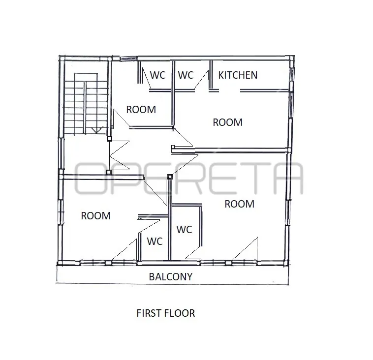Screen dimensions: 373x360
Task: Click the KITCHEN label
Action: click(238, 75)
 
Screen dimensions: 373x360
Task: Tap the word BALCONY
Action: click(171, 277)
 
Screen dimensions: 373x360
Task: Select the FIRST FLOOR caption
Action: click(165, 313)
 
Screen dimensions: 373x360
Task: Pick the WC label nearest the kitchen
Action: click(186, 75)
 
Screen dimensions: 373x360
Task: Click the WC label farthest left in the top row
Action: click(158, 75)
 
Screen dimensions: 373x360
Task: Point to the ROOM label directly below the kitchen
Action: click(228, 122)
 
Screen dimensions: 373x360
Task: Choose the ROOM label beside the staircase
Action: click(141, 110)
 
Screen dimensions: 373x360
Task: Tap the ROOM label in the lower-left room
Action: click(96, 216)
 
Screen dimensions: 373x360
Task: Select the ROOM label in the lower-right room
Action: click(240, 204)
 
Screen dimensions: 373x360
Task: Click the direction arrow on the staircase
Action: click(97, 130)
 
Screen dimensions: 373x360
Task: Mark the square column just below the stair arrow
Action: click(109, 139)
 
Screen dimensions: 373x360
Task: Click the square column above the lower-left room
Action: click(109, 172)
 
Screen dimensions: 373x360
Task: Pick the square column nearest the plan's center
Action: click(170, 177)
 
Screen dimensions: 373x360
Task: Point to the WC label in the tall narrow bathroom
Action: click(185, 230)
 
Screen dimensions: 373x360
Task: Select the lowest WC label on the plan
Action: click(155, 241)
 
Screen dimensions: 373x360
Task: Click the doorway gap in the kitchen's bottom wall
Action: click(229, 90)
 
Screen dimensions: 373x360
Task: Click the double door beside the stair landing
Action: click(119, 155)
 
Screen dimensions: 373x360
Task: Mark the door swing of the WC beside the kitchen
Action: click(201, 80)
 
